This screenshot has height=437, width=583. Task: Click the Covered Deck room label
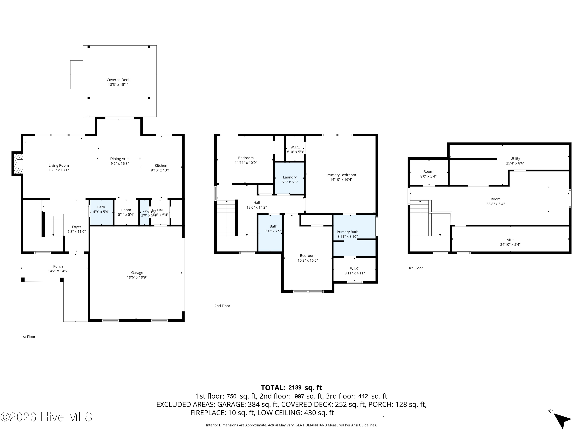pyautogui.click(x=118, y=80)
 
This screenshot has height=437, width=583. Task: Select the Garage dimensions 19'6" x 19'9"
pyautogui.click(x=137, y=277)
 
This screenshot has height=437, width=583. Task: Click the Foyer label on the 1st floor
pyautogui.click(x=76, y=227)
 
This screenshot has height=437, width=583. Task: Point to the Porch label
pyautogui.click(x=58, y=266)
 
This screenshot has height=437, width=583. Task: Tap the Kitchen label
pyautogui.click(x=161, y=165)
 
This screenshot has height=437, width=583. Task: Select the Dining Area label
pyautogui.click(x=120, y=158)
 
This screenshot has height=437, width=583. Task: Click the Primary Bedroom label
pyautogui.click(x=341, y=175)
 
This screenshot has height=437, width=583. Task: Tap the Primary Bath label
pyautogui.click(x=347, y=232)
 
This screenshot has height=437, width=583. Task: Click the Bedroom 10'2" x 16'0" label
pyautogui.click(x=308, y=256)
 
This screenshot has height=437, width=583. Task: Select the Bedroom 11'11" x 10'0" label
pyautogui.click(x=246, y=158)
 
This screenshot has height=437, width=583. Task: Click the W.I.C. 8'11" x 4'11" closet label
pyautogui.click(x=354, y=268)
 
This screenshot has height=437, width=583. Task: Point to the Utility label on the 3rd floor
pyautogui.click(x=515, y=158)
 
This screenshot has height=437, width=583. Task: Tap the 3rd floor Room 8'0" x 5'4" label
pyautogui.click(x=428, y=171)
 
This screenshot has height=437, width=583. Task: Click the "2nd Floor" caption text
pyautogui.click(x=222, y=306)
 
